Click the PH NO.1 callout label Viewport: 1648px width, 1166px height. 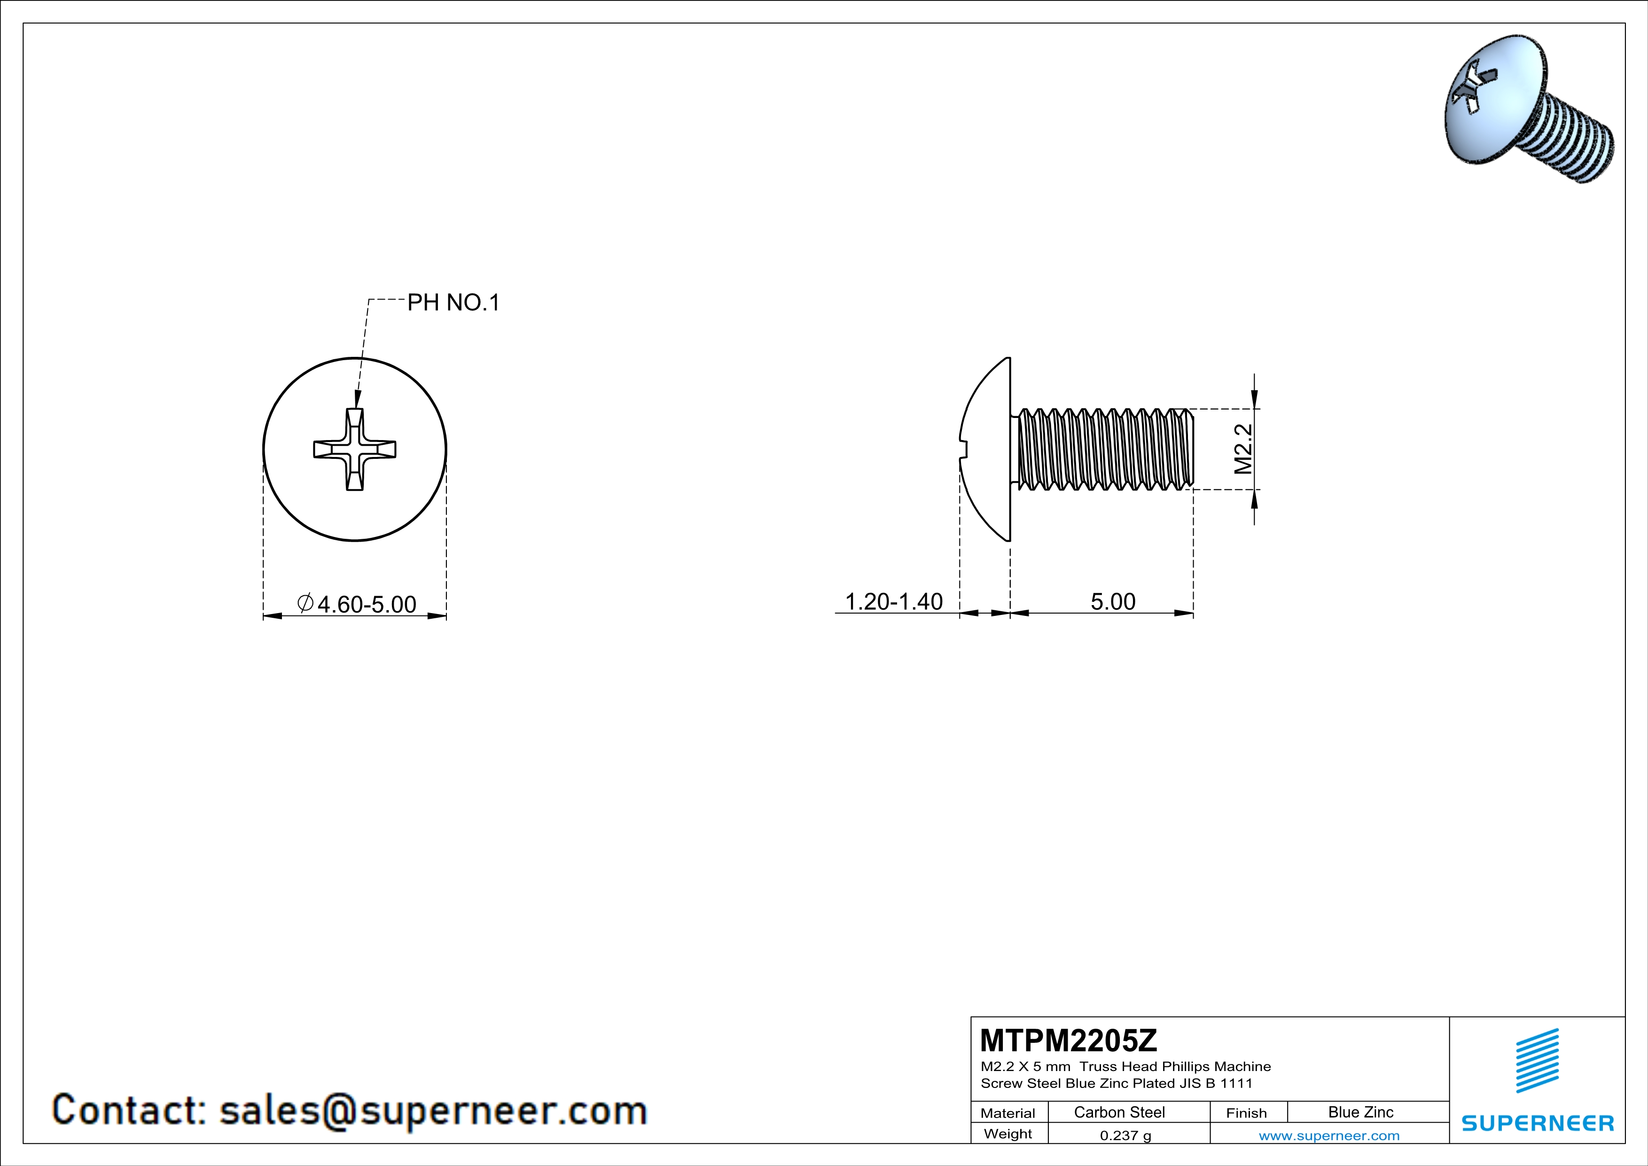coord(453,302)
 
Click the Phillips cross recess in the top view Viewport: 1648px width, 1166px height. coord(355,449)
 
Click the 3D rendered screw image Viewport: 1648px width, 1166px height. coord(1529,108)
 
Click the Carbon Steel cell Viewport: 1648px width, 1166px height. coord(1119,1112)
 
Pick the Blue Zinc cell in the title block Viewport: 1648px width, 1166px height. coord(1360,1112)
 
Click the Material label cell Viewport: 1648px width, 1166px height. coord(1008,1113)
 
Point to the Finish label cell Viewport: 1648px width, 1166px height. coord(1246,1113)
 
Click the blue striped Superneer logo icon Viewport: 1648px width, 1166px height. coord(1537,1061)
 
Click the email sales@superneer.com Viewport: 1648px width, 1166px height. coord(433,1110)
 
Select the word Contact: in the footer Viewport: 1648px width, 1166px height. coord(129,1110)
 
